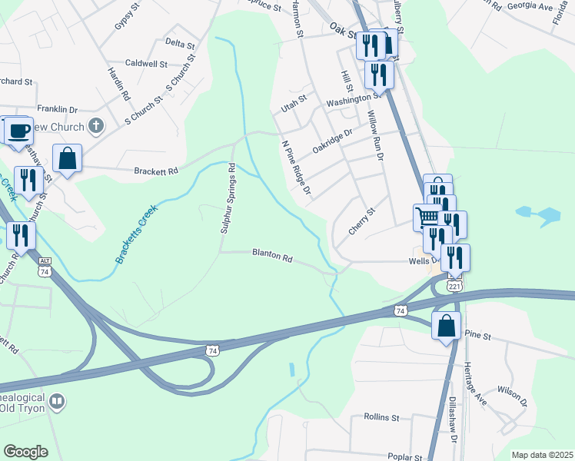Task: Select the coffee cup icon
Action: coord(18,130)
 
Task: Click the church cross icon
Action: coord(96,125)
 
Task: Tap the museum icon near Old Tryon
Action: coord(56,401)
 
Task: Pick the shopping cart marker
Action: coord(427,216)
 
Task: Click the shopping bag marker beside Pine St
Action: coord(446,326)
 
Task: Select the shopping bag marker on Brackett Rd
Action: coord(67,158)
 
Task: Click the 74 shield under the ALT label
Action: coord(45,272)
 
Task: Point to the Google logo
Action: coord(26,452)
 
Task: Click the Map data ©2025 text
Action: coord(541,455)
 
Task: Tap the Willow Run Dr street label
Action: coord(374,134)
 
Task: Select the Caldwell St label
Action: coord(146,63)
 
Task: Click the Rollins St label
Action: coord(381,418)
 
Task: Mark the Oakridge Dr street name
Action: coord(332,140)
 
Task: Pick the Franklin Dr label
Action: coord(58,110)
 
